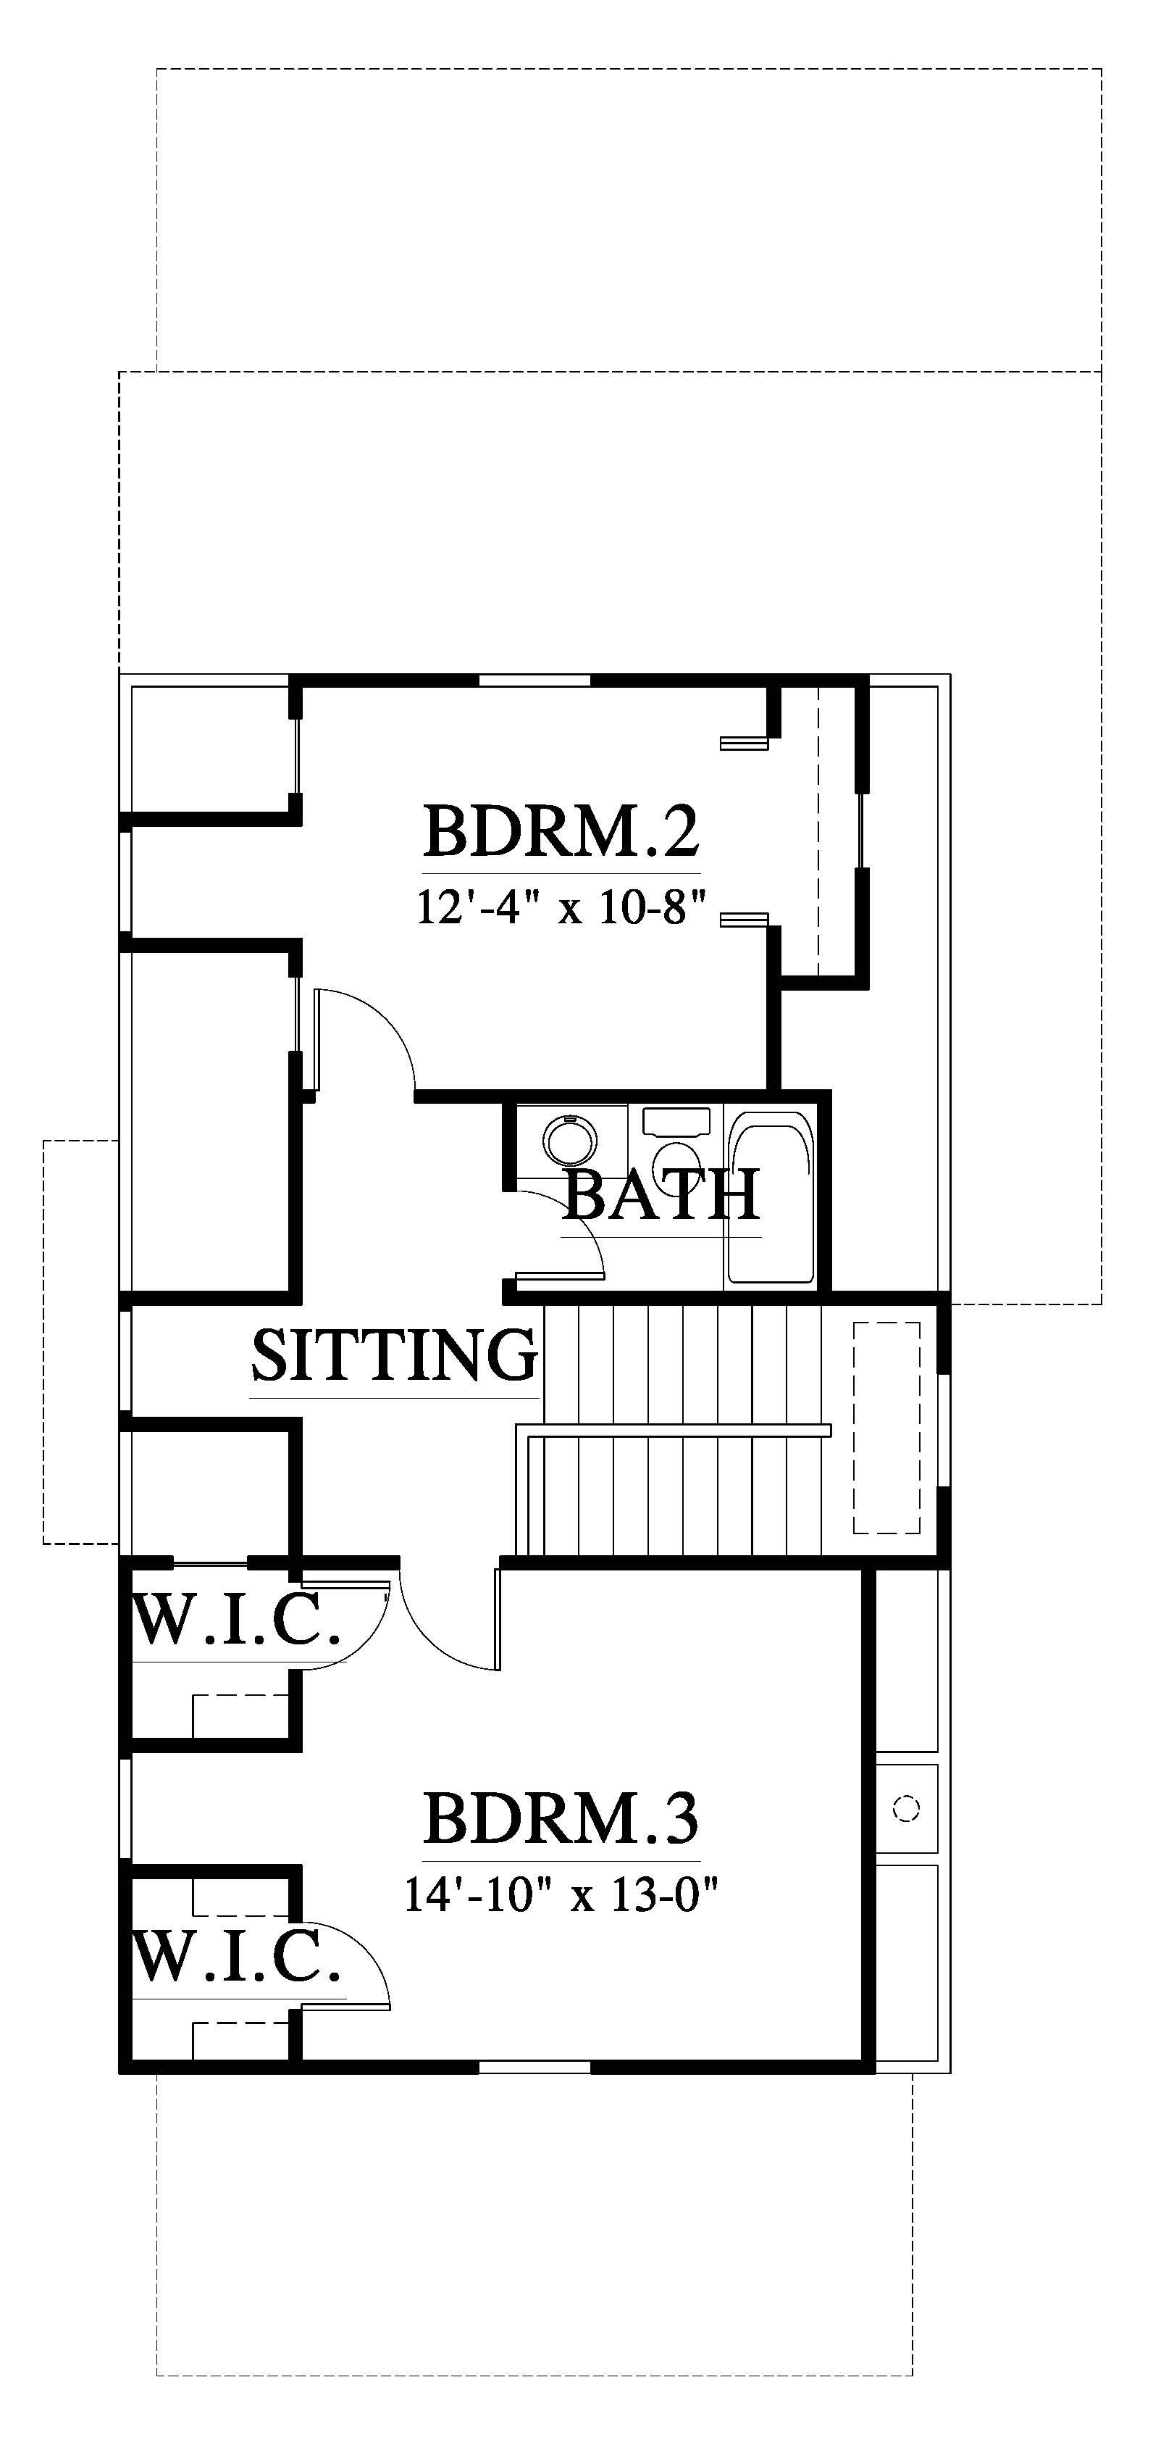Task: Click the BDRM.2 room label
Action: pos(561,831)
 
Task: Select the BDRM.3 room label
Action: pos(561,1818)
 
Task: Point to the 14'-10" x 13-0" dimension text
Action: pos(561,1894)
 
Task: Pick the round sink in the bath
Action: pos(571,1139)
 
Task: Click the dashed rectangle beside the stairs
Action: pos(886,1427)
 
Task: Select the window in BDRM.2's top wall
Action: pos(534,681)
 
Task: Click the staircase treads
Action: pos(682,1431)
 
